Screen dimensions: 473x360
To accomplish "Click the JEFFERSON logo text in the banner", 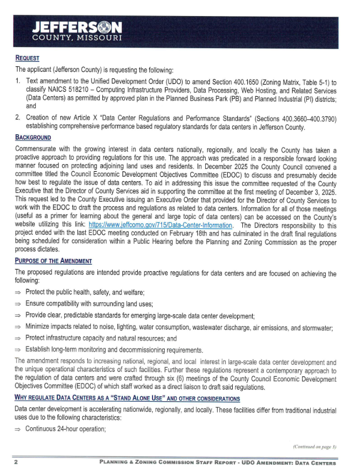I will (77, 28).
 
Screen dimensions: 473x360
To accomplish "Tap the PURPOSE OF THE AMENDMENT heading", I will (53, 261).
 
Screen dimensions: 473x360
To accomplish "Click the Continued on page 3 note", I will (314, 446).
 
